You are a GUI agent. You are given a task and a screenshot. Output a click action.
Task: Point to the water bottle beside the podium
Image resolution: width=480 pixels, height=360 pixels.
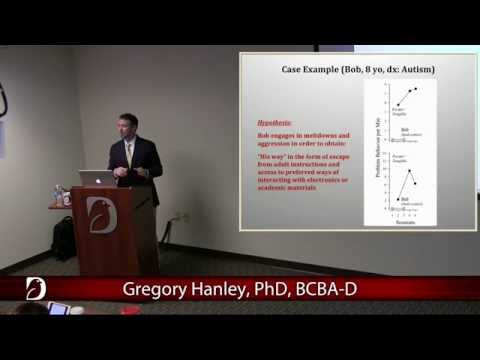tap(58, 195)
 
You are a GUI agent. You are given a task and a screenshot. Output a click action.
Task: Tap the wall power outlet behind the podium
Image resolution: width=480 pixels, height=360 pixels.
tap(182, 217)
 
